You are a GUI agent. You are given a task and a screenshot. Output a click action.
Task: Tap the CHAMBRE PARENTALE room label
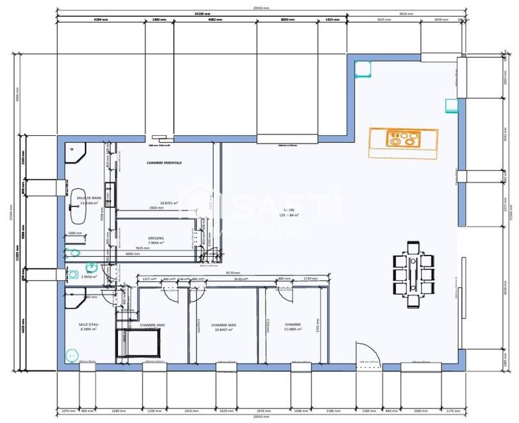tap(164, 162)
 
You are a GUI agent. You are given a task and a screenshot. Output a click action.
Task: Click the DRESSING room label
tap(156, 238)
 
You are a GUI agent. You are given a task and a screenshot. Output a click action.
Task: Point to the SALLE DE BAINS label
tap(89, 198)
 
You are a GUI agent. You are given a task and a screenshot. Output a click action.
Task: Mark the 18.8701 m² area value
tap(156, 203)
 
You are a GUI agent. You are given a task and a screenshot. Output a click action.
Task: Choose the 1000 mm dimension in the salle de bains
tap(76, 233)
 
